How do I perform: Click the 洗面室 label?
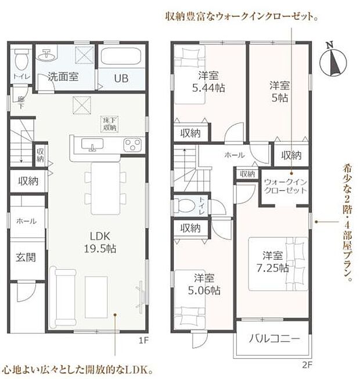click(63, 77)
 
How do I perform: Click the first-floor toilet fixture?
click(20, 59)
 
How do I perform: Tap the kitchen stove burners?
click(132, 144)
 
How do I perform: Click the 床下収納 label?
click(109, 123)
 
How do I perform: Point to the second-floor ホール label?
click(235, 155)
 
